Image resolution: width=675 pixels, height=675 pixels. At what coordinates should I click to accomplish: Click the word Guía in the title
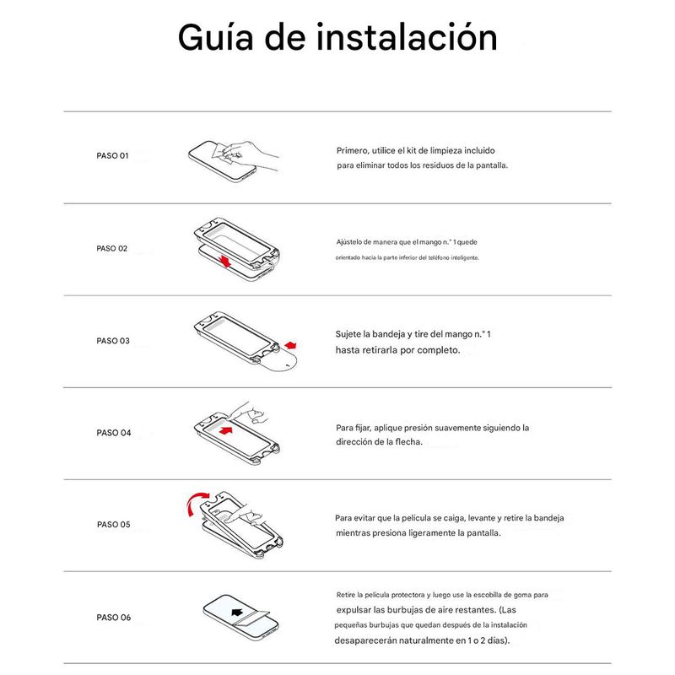click(x=216, y=37)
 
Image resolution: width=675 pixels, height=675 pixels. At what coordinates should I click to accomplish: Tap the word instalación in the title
click(x=407, y=37)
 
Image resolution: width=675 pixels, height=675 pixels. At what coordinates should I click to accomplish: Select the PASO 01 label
click(x=112, y=155)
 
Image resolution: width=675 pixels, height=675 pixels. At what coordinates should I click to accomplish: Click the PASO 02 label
click(x=112, y=248)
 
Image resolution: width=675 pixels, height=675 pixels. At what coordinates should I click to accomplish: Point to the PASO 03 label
click(x=113, y=341)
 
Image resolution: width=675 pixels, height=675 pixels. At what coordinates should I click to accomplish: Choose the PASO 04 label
click(x=114, y=433)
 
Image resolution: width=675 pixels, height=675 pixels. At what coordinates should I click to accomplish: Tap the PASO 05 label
click(x=114, y=524)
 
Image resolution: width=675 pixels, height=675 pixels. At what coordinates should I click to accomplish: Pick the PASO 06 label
click(x=114, y=618)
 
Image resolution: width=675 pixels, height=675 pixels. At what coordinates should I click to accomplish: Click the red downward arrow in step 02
click(x=224, y=261)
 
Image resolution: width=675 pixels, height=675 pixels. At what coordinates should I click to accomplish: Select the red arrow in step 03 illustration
click(x=290, y=345)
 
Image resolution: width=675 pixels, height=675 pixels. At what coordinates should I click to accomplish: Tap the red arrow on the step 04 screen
click(x=225, y=430)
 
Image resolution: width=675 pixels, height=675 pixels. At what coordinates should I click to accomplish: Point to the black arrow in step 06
click(x=237, y=613)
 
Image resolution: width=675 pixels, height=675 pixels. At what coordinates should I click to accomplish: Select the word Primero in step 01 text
click(x=353, y=151)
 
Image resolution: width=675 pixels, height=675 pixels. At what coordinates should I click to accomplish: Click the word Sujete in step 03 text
click(x=348, y=334)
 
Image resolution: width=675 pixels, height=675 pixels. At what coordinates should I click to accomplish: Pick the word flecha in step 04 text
click(x=408, y=441)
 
